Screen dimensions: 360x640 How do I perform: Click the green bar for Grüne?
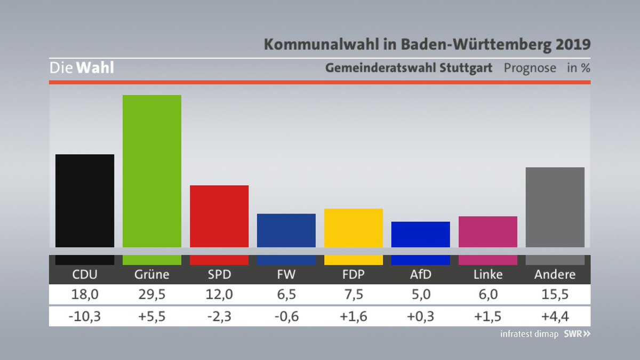tap(152, 171)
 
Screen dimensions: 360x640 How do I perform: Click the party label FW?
tap(286, 275)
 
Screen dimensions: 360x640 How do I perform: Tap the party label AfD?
tap(420, 275)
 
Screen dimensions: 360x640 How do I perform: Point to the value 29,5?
tap(152, 294)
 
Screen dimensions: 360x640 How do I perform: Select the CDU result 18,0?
tap(85, 294)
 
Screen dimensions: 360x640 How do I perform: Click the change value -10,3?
tap(85, 317)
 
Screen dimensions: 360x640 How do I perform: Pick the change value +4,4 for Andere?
tap(555, 317)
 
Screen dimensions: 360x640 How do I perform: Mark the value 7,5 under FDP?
tap(353, 294)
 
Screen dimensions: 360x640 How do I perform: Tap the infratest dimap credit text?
tap(529, 334)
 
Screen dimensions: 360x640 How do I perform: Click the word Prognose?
tap(530, 68)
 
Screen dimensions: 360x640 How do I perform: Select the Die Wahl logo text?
tap(82, 68)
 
